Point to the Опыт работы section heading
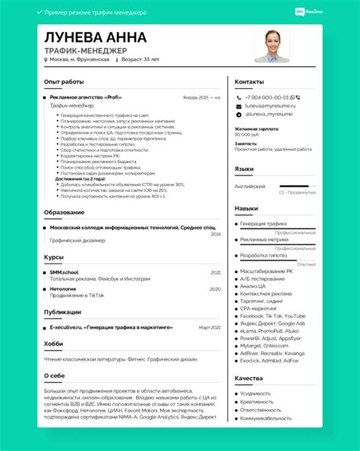tap(64, 81)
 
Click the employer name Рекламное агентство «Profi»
tap(85, 97)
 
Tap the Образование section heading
tap(64, 212)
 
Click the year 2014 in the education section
tap(216, 235)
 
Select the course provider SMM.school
tap(65, 272)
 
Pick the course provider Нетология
tap(63, 289)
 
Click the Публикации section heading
tap(62, 311)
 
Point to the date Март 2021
tap(210, 327)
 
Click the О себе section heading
tap(54, 375)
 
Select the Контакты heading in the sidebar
tap(249, 81)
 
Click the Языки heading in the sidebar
tap(244, 169)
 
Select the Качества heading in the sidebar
tap(248, 377)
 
